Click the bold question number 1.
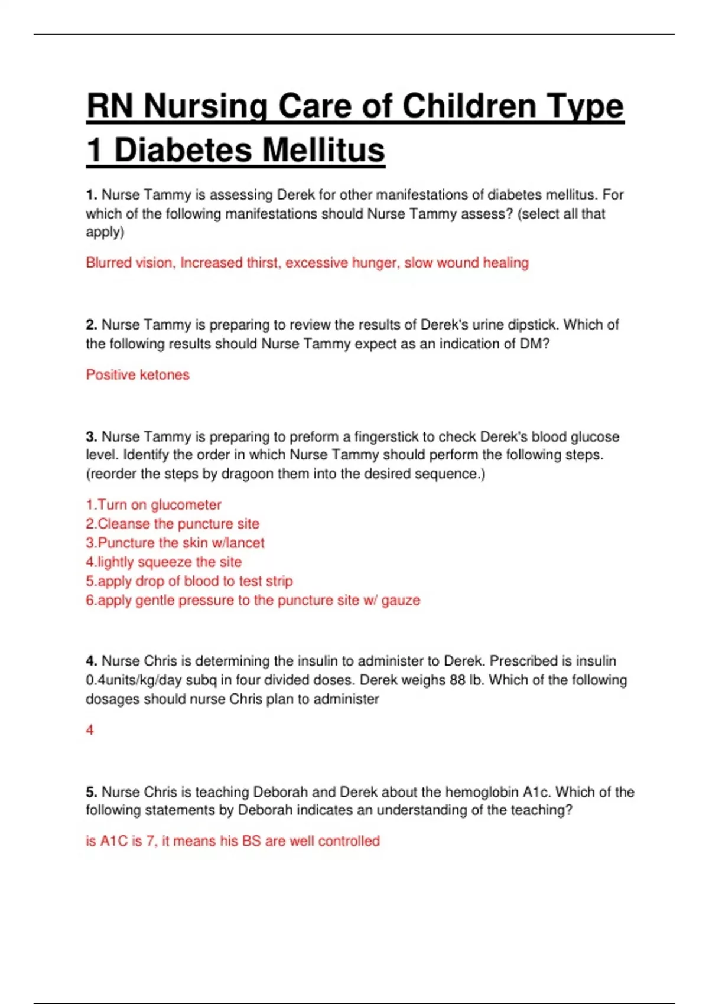pyautogui.click(x=91, y=195)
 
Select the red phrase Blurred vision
pyautogui.click(x=130, y=263)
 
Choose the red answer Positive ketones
pyautogui.click(x=138, y=375)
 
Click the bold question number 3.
pyautogui.click(x=91, y=437)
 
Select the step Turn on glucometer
pyautogui.click(x=159, y=505)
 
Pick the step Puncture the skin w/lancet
pyautogui.click(x=181, y=543)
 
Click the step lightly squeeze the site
pyautogui.click(x=169, y=562)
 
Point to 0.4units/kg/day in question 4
pyautogui.click(x=134, y=680)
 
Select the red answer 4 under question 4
pyautogui.click(x=90, y=731)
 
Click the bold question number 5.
pyautogui.click(x=91, y=792)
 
